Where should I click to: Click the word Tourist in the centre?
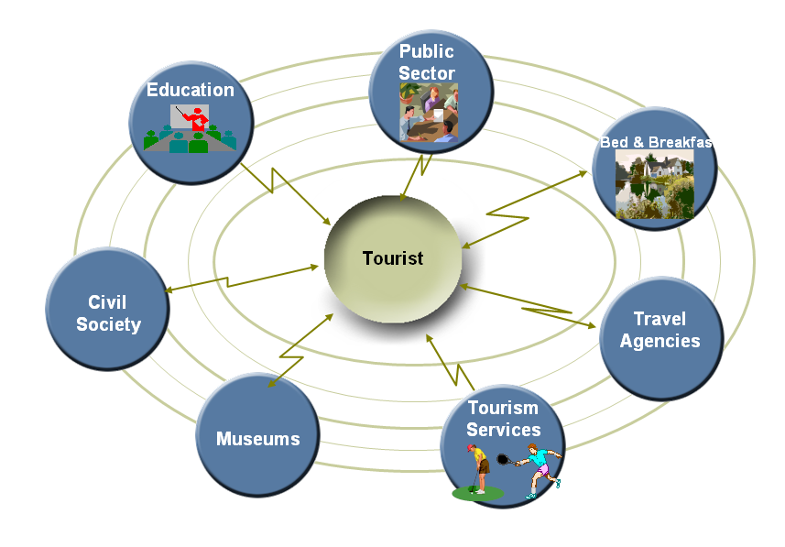click(x=393, y=258)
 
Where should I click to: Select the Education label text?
click(x=191, y=90)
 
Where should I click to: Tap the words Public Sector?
click(x=427, y=62)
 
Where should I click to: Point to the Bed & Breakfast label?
click(x=655, y=142)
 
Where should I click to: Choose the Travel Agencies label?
click(x=660, y=330)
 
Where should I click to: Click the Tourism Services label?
click(x=503, y=419)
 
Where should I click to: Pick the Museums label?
click(x=257, y=439)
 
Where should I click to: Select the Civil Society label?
click(x=108, y=313)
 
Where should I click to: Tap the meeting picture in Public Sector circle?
click(x=429, y=113)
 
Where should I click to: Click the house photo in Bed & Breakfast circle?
click(x=654, y=183)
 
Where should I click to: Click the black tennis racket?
click(x=503, y=457)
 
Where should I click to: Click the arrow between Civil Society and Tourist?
click(x=243, y=279)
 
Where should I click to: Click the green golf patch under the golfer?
click(x=477, y=494)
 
